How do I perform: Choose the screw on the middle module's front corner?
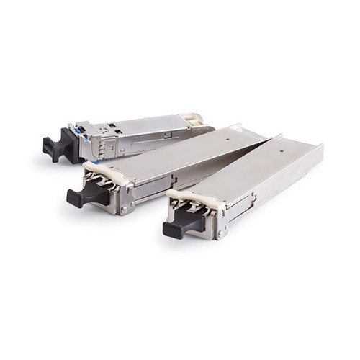tap(125, 209)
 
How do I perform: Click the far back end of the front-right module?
tap(317, 150)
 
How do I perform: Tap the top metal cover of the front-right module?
tap(259, 170)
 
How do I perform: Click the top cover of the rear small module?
tap(144, 122)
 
